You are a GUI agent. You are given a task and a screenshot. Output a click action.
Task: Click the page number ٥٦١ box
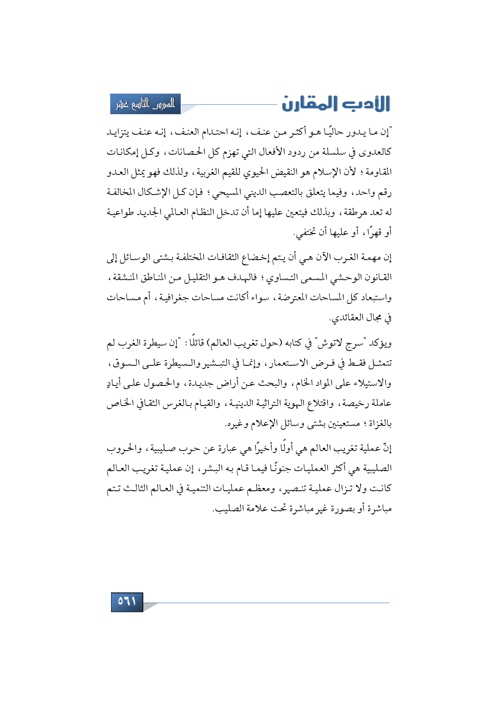[x=127, y=602]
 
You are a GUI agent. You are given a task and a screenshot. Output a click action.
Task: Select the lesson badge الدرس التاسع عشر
[x=145, y=104]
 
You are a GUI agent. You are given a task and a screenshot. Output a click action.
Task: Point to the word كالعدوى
[x=376, y=152]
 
